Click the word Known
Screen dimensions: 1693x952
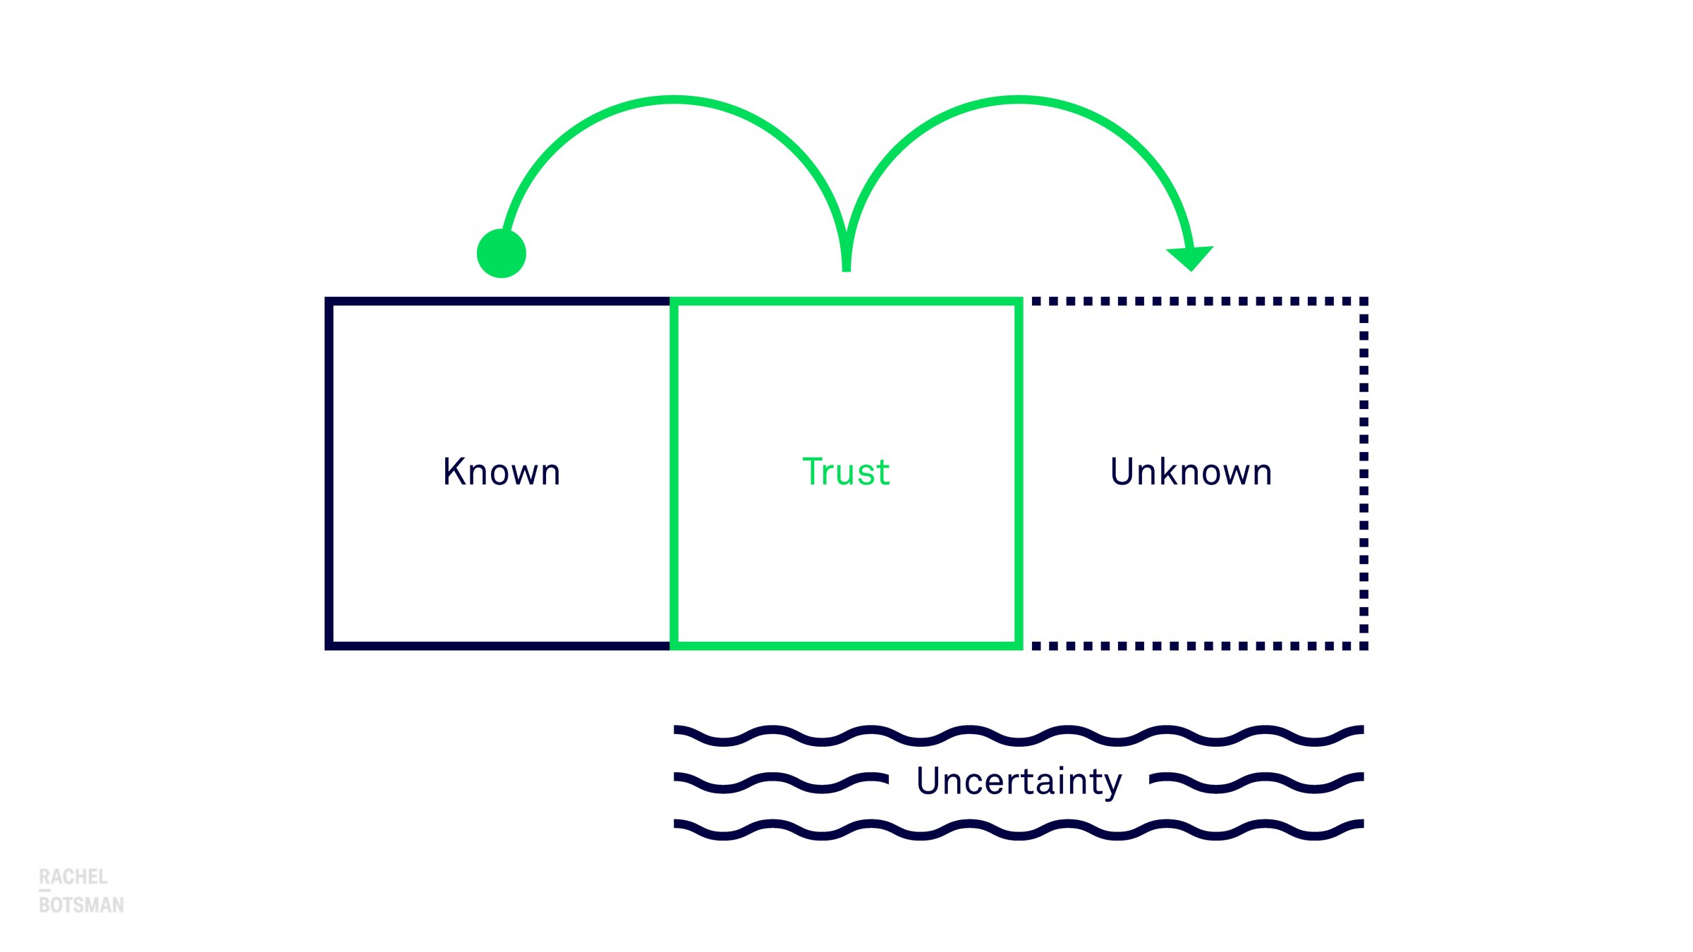click(x=502, y=472)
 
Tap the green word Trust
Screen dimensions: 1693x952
click(x=846, y=472)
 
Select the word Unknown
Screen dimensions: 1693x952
click(x=1191, y=472)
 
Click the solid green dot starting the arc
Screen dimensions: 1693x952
click(x=502, y=253)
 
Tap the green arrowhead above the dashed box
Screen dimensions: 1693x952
click(x=1190, y=257)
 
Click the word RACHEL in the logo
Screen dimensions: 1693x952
click(x=73, y=877)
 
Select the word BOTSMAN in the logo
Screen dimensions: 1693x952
click(x=81, y=905)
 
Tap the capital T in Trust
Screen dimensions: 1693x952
click(x=813, y=472)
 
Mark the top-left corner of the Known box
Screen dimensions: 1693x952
click(x=329, y=301)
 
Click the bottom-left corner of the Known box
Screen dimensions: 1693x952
click(x=329, y=646)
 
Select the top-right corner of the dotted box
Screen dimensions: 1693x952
click(x=1364, y=301)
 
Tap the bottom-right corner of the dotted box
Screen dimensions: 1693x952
click(x=1364, y=646)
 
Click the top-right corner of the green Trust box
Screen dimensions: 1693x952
click(x=1019, y=301)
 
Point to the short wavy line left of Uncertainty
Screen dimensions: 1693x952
click(x=781, y=782)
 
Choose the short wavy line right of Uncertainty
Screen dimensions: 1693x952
click(x=1256, y=782)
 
